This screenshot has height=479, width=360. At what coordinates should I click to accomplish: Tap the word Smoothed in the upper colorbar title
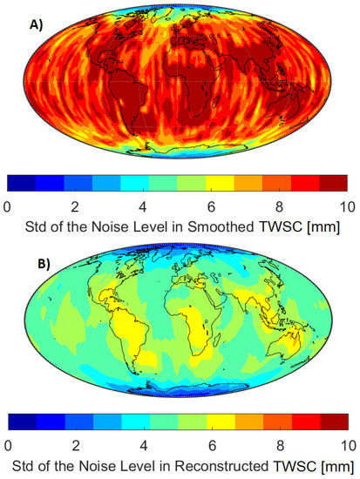pos(222,228)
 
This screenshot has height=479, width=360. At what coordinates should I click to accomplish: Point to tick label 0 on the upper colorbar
pos(8,206)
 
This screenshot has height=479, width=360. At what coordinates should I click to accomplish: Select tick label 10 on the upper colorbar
pos(346,206)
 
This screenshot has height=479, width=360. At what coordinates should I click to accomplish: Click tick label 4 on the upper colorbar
pos(143,206)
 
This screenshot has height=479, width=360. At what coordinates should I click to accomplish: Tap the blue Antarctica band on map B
pos(174,394)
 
